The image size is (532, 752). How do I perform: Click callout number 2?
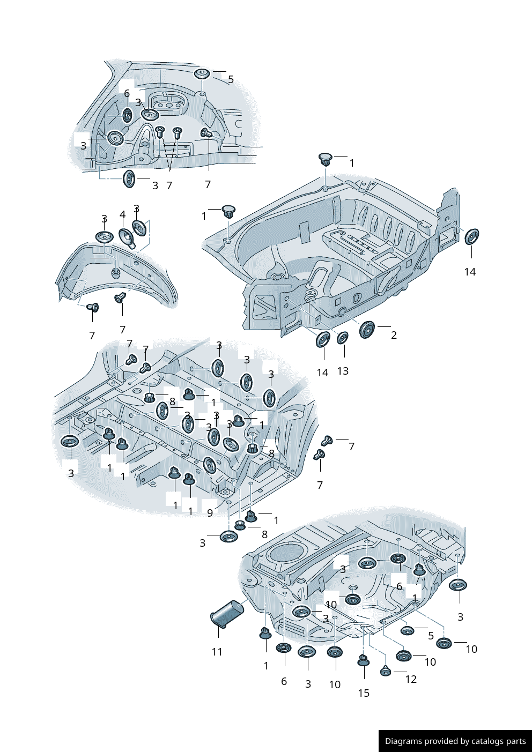(x=394, y=335)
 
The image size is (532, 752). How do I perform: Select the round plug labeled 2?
(x=367, y=329)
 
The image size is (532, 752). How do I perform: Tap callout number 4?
(x=122, y=215)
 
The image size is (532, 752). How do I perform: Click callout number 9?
(x=210, y=513)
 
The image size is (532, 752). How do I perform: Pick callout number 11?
(x=217, y=652)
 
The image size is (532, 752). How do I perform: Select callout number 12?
(x=411, y=679)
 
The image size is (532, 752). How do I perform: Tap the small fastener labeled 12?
(x=386, y=671)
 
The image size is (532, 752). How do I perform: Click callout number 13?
(x=343, y=371)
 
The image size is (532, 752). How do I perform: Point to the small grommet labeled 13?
(x=342, y=338)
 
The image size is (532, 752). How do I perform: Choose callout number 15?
(x=364, y=693)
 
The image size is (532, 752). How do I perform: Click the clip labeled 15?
(x=364, y=660)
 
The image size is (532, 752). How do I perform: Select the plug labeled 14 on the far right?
(x=471, y=236)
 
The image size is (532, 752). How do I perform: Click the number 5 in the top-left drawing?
(x=231, y=79)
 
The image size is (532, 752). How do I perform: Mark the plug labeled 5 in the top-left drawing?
(x=202, y=73)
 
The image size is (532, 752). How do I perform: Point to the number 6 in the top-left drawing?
(x=127, y=94)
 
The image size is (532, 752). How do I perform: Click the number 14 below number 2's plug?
(x=322, y=373)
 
